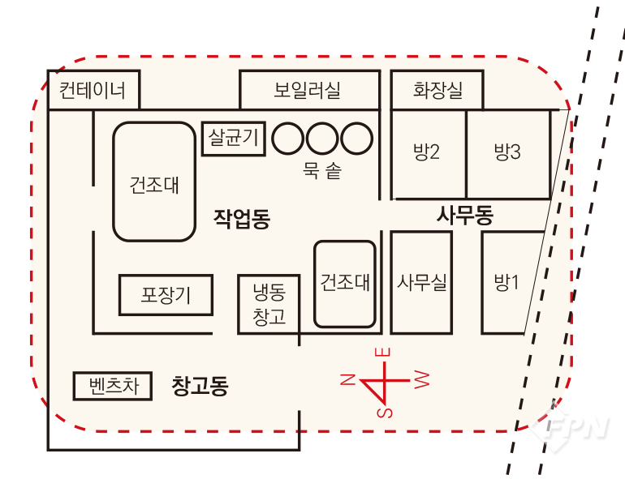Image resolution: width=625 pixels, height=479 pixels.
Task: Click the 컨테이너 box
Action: point(93,89)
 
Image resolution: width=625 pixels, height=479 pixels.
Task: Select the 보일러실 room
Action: point(308,90)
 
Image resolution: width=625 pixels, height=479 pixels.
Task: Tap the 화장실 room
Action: point(437,90)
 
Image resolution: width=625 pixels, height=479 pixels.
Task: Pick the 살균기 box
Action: point(234,138)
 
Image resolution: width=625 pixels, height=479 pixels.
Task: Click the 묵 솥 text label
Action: point(321,171)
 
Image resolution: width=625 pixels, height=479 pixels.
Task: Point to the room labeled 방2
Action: point(427,152)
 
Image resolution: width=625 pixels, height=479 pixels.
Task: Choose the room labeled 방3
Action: point(506,152)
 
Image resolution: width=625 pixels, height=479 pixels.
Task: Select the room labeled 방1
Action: point(506,283)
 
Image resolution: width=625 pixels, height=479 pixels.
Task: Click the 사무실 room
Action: point(421,282)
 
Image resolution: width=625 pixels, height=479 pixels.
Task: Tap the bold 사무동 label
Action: point(464,216)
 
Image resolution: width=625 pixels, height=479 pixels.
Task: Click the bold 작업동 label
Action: point(242,218)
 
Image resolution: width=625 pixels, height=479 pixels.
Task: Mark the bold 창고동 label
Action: point(200,386)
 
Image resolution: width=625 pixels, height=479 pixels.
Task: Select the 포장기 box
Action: point(166,295)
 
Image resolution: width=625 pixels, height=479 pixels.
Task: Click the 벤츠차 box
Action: point(112,387)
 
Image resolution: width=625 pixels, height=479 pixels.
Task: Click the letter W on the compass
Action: point(421,378)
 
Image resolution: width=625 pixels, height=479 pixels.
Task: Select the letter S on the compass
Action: point(384,413)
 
